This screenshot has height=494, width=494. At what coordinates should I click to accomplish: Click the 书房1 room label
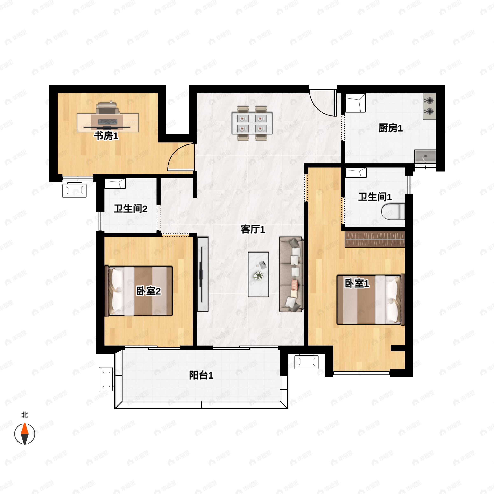[106, 136]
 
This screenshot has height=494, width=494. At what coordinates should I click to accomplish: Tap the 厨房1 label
[390, 128]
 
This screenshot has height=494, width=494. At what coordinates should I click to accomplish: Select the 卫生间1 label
[375, 197]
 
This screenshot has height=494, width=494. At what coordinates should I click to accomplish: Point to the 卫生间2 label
[130, 209]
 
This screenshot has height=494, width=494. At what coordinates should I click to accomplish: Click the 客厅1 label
[253, 229]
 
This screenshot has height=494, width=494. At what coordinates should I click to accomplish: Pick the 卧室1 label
[357, 283]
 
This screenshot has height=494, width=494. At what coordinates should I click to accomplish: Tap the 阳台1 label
[201, 375]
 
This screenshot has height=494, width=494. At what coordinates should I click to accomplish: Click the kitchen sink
[425, 156]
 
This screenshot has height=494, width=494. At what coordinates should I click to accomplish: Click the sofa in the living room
[291, 274]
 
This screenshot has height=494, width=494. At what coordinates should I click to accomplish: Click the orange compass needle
[24, 429]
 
